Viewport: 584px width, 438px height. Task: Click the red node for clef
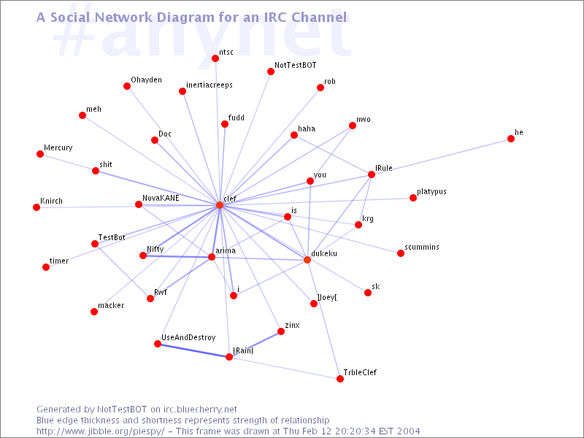coord(220,205)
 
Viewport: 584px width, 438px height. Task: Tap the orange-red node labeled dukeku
coord(307,260)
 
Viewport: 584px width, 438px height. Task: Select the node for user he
coord(511,139)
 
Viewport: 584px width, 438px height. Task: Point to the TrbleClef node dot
coord(340,379)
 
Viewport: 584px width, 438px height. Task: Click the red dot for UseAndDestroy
coord(158,344)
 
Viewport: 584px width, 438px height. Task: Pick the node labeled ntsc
coord(215,58)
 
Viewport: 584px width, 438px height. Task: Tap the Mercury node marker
coord(40,154)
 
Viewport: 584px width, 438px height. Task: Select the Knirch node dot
coord(36,207)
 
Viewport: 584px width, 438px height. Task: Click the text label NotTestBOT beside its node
coord(296,65)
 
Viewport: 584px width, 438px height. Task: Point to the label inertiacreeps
coord(210,85)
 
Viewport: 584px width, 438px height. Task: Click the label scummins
coord(422,247)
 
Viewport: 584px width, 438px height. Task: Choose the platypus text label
coord(431,192)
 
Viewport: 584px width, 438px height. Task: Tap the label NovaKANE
coord(161,198)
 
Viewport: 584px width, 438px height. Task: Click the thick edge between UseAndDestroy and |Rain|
coord(193,350)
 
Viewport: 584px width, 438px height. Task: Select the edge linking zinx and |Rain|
coord(255,344)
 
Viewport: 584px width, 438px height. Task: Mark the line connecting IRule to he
coord(441,157)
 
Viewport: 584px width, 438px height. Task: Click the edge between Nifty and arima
coord(177,256)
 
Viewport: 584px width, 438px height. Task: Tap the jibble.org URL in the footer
coord(101,431)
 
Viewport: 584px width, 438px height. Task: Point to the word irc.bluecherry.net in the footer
coord(200,410)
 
